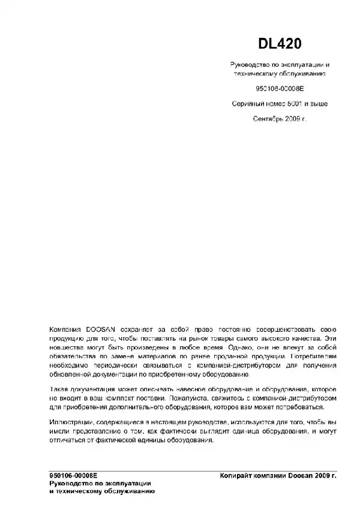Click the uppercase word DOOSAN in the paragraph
coord(101,330)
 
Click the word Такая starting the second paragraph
coord(60,389)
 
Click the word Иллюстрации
coord(71,423)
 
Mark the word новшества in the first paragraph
coord(67,347)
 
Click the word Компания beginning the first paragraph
coord(67,330)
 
